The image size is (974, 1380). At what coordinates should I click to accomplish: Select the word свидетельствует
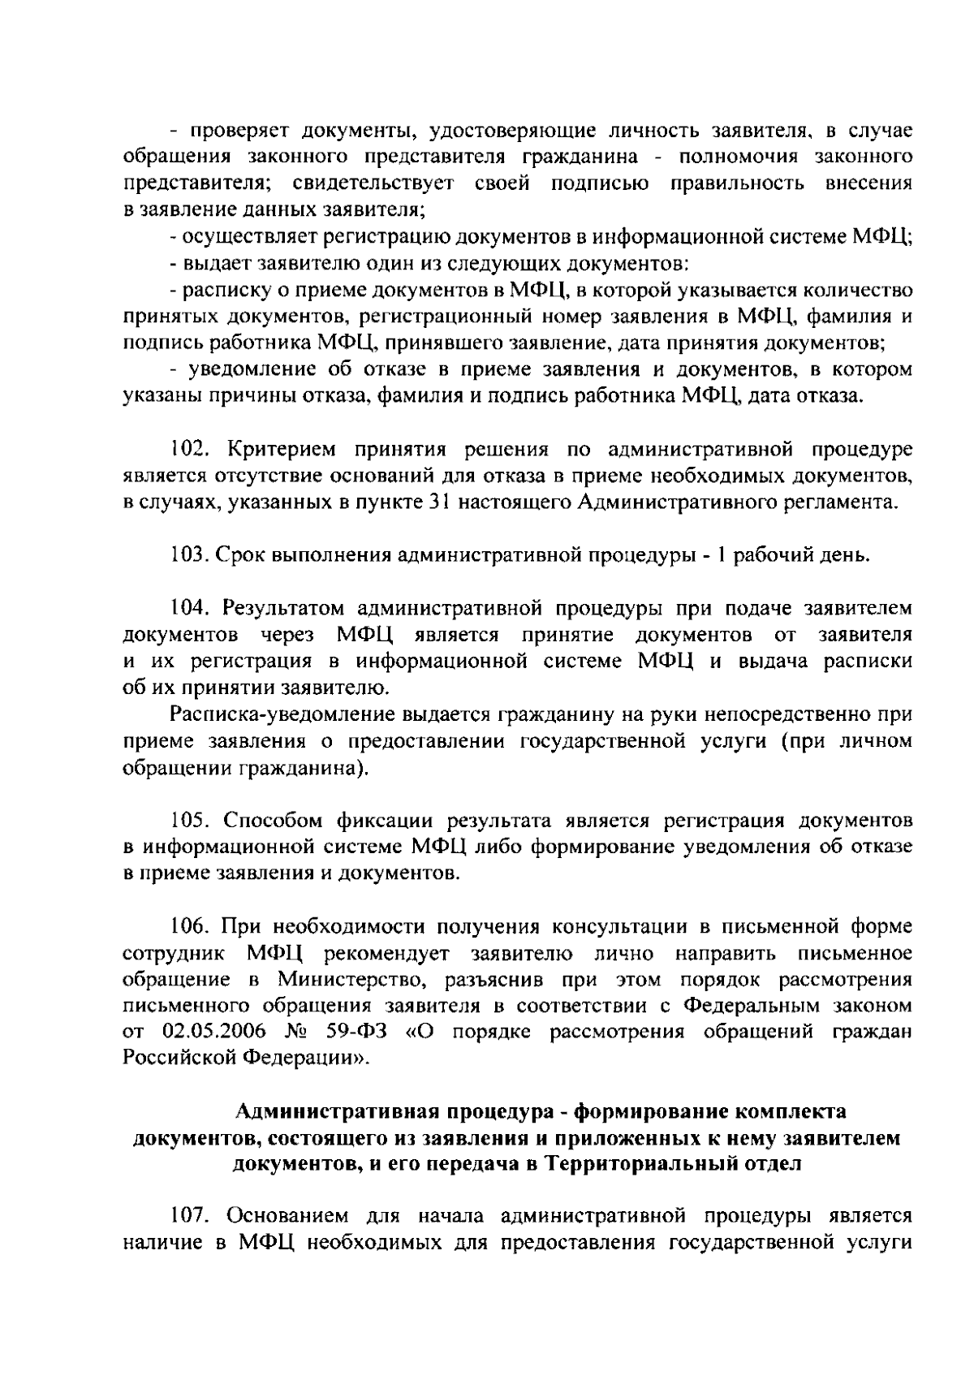(x=370, y=183)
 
